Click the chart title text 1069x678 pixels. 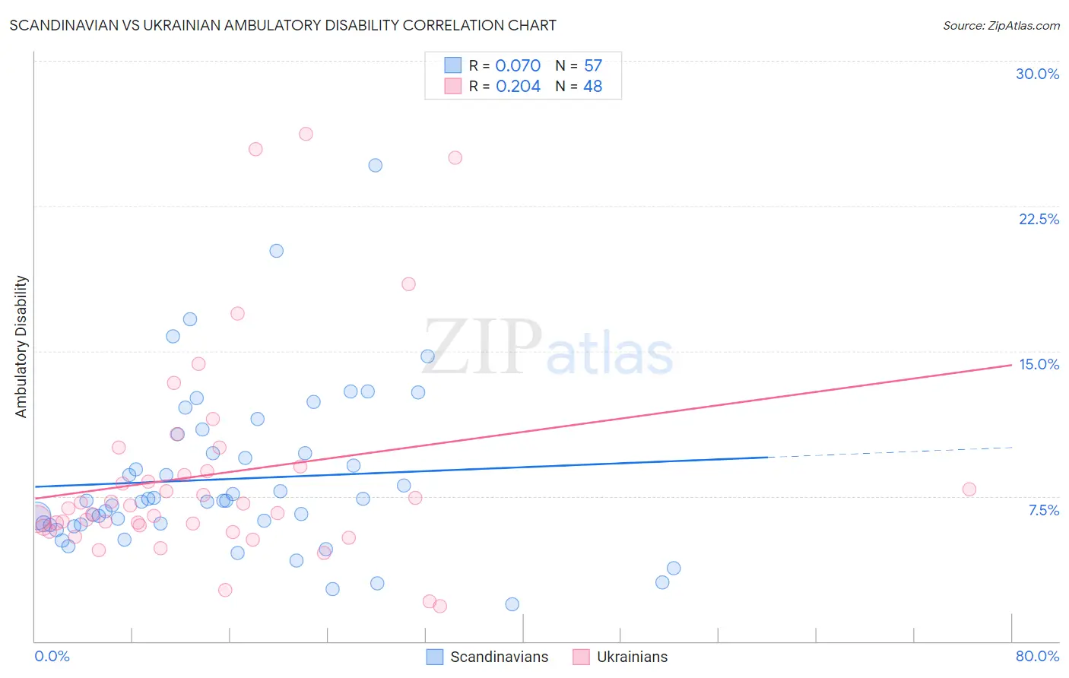283,25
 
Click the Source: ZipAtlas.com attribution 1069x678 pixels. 1001,25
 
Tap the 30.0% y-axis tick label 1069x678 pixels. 1037,74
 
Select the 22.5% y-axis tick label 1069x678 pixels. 1039,219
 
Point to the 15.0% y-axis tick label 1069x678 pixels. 1039,364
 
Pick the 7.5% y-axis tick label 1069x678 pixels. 1043,510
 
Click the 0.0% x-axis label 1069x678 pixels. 52,656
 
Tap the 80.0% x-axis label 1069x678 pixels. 1037,656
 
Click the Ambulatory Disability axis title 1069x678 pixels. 21,346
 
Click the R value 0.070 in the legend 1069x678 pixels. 518,65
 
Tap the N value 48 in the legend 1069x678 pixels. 592,86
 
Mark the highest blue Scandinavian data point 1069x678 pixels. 375,165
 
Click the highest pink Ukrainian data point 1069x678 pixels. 306,134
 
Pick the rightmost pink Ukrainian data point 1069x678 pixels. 969,489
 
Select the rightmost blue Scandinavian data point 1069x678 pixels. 674,568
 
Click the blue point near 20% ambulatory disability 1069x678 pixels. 276,251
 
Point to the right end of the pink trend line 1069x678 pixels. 1010,365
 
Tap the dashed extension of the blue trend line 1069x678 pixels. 890,452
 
